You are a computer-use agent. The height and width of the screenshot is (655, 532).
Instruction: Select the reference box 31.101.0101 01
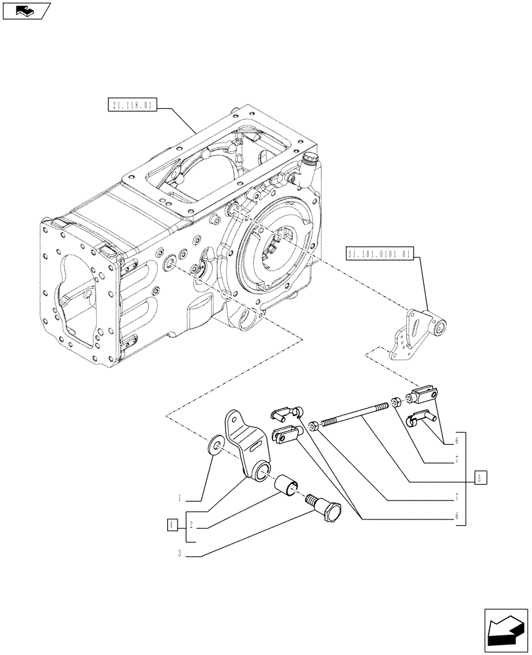379,253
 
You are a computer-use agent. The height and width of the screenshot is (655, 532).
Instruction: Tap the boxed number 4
172,525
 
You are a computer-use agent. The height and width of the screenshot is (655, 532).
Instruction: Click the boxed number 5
480,478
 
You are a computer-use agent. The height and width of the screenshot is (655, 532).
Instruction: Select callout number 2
191,525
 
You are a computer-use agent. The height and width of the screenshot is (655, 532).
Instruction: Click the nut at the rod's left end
314,426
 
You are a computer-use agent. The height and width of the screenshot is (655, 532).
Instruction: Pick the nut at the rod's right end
396,402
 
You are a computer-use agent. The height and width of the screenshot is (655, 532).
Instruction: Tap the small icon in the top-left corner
26,11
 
